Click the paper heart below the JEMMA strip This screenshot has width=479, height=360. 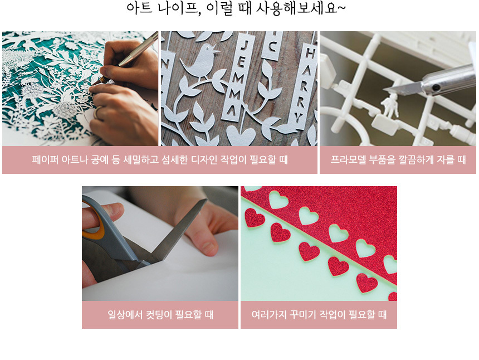tap(241, 135)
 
